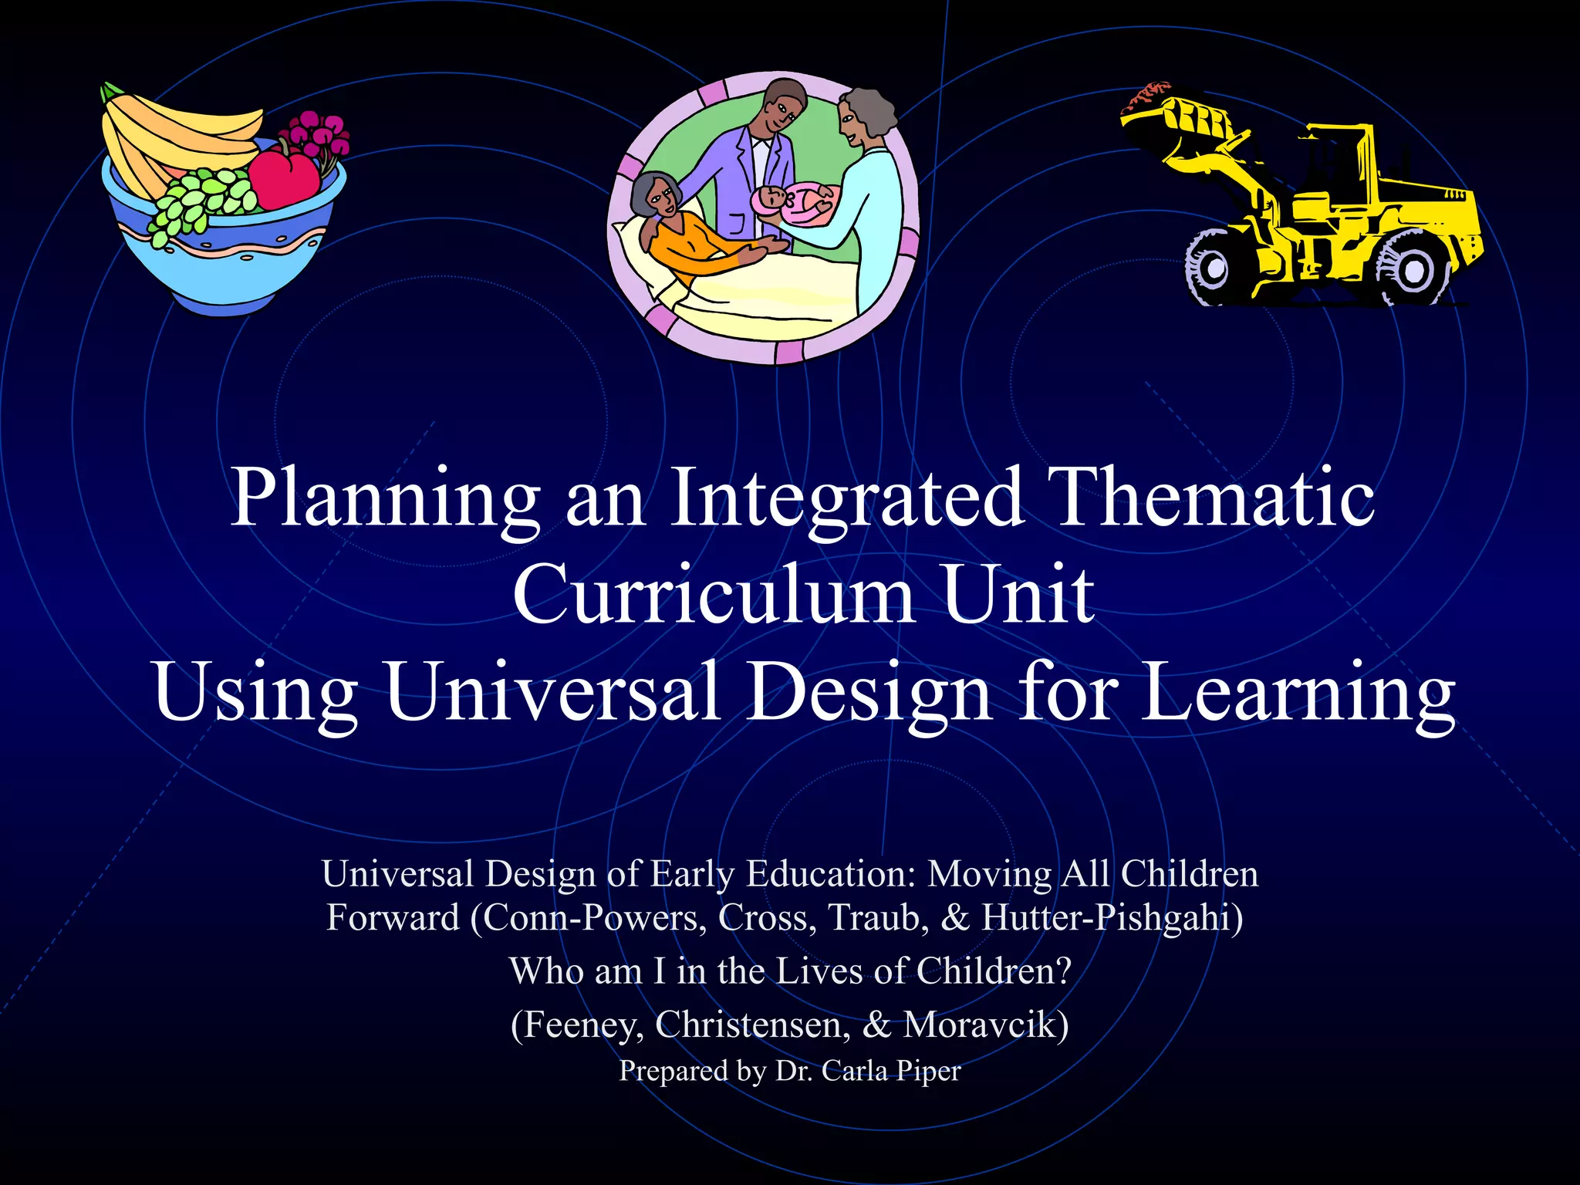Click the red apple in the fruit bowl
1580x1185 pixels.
pyautogui.click(x=283, y=177)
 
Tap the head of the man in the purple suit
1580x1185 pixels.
pyautogui.click(x=781, y=108)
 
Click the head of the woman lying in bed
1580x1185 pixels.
pyautogui.click(x=656, y=197)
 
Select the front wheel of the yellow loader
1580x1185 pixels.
pyautogui.click(x=1213, y=268)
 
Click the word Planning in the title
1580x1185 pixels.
pyautogui.click(x=386, y=498)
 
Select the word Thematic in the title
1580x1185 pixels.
pyautogui.click(x=1214, y=497)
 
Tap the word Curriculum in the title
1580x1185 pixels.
pyautogui.click(x=714, y=594)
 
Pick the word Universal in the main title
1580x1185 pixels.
pyautogui.click(x=552, y=691)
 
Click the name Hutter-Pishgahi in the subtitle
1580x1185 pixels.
pyautogui.click(x=1112, y=918)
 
